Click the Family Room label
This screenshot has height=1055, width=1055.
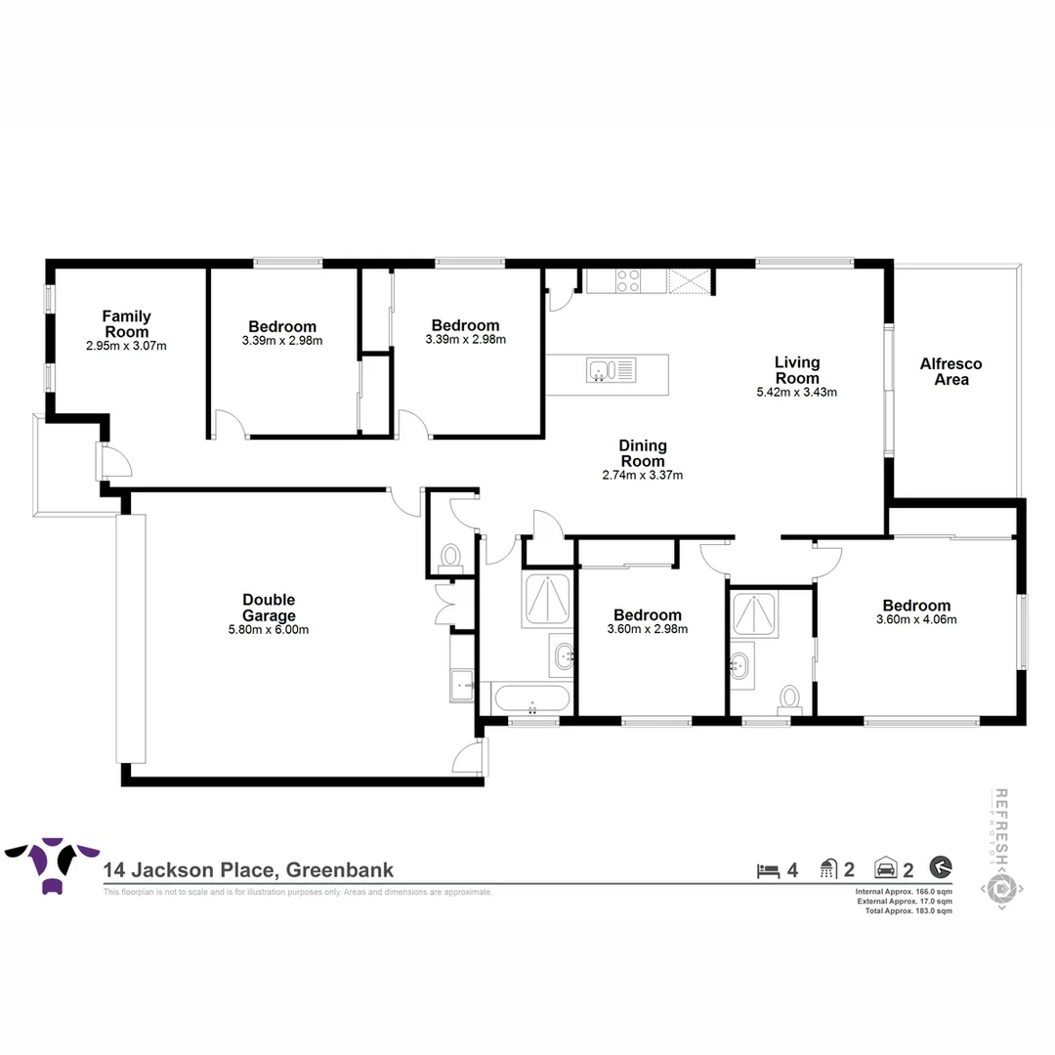(x=127, y=323)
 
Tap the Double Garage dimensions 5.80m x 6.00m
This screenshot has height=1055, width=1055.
(x=269, y=630)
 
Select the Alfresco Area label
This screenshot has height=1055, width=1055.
(x=950, y=371)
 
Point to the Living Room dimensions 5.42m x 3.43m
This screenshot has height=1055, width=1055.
(x=797, y=392)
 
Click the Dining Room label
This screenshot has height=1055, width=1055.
(x=642, y=453)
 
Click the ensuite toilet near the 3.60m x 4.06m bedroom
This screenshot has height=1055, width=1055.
(x=789, y=696)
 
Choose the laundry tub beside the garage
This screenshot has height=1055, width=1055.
(x=461, y=684)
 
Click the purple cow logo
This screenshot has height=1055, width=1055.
(x=52, y=863)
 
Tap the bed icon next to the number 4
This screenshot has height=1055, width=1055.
(x=769, y=868)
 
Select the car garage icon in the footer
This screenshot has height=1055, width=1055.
(x=885, y=868)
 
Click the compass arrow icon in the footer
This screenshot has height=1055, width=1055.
(x=941, y=867)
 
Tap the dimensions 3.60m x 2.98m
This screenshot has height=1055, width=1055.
(x=647, y=629)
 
